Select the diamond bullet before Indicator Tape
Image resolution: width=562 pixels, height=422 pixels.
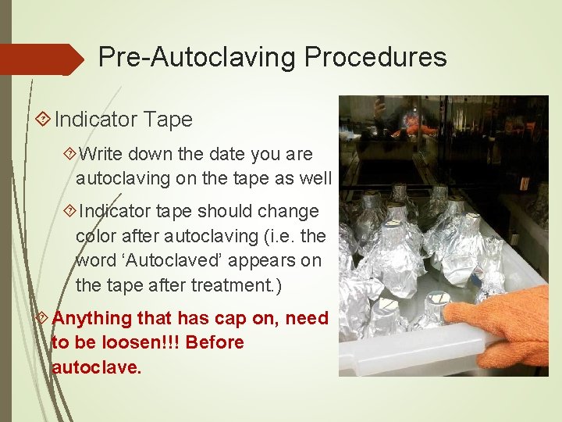(44, 120)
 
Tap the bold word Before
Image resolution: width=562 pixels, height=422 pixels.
(215, 342)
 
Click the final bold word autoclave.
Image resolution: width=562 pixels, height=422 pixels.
(97, 367)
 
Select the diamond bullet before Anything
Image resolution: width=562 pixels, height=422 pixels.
(44, 318)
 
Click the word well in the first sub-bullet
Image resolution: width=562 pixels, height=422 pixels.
(313, 179)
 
